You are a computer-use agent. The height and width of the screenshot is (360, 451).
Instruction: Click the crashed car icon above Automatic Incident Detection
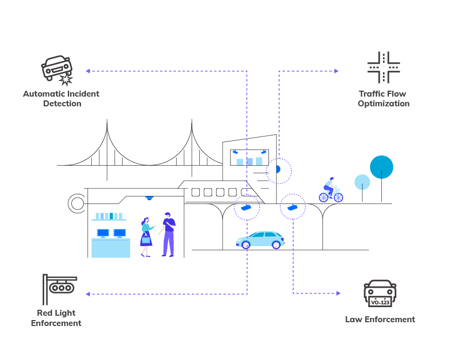point(57,69)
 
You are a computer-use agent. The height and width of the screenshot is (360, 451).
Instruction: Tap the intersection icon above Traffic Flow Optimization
point(383,67)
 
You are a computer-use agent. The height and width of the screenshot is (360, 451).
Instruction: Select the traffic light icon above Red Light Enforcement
point(60,288)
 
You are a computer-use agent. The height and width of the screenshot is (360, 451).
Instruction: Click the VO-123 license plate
point(380,302)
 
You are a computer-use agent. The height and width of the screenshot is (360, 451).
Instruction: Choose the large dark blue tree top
point(381,167)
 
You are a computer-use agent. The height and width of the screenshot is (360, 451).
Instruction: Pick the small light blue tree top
point(362,182)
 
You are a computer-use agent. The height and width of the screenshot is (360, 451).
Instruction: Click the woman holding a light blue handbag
point(145,236)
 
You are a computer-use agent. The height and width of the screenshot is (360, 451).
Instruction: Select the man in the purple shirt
point(169,234)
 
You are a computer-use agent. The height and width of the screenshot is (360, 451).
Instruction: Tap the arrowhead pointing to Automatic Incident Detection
point(87,71)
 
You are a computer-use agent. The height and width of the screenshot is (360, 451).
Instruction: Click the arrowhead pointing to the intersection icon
point(336,71)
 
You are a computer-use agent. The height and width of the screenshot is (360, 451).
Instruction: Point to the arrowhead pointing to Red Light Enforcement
point(87,294)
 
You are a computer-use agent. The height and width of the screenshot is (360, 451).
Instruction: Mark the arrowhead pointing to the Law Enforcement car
point(338,293)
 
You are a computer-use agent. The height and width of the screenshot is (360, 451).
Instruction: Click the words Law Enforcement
point(380,320)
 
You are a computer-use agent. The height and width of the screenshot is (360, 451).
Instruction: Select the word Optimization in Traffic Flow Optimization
point(383,104)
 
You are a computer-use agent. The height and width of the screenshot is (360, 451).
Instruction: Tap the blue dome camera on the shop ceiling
point(149,198)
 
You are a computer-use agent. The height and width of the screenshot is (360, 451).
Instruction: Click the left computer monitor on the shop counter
point(103,233)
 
